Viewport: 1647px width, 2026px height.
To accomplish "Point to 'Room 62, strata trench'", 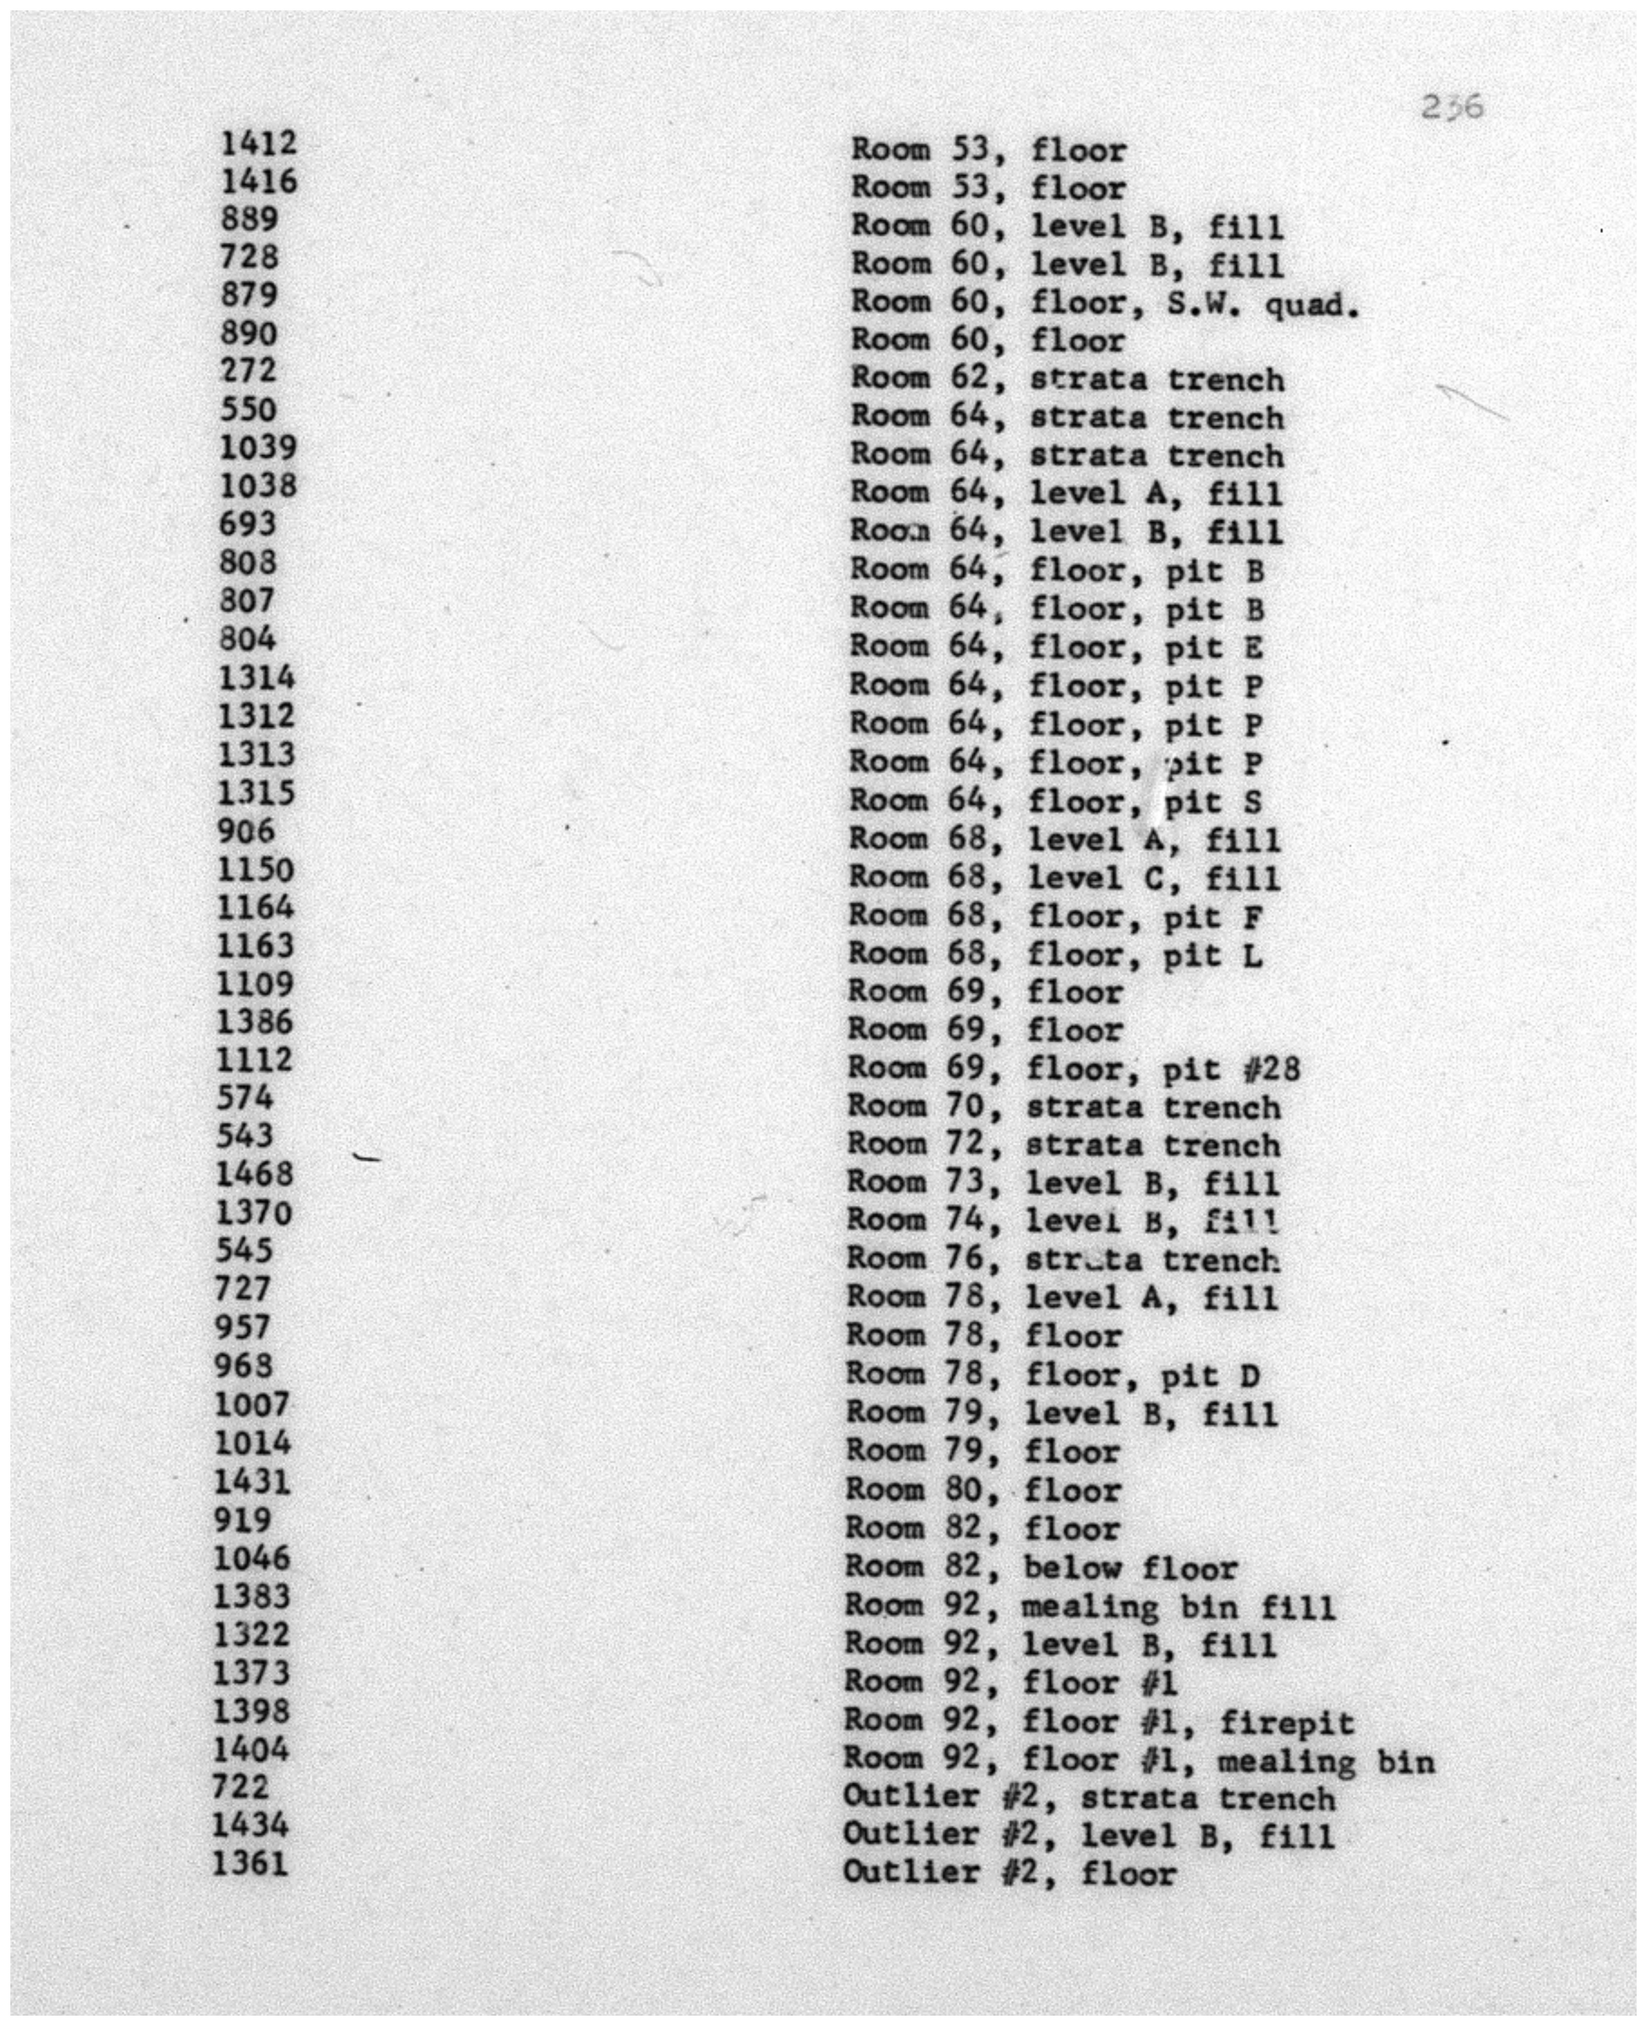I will point(1067,379).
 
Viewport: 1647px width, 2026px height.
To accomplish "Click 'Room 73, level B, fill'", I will point(1063,1184).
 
